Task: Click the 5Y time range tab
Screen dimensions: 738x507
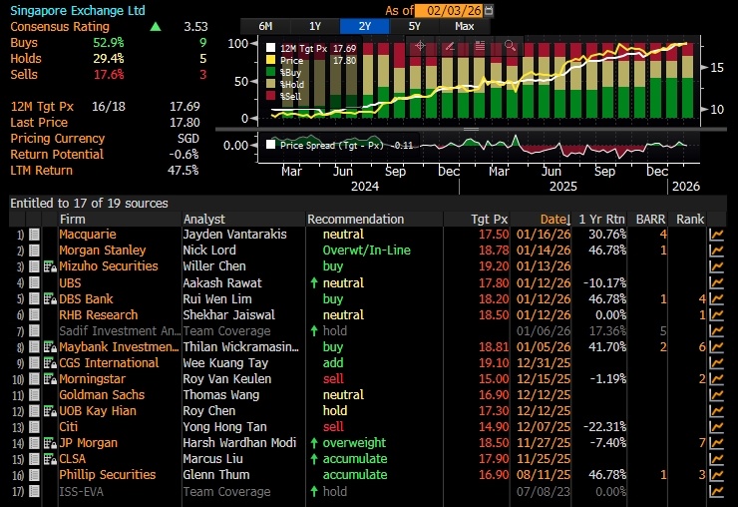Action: (x=414, y=26)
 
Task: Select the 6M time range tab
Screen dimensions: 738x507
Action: (x=265, y=26)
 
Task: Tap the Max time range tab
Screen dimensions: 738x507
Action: (x=464, y=26)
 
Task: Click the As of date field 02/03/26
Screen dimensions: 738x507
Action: (x=448, y=10)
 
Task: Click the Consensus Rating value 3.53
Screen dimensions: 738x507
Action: (x=195, y=27)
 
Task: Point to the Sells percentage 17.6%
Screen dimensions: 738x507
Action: (x=109, y=75)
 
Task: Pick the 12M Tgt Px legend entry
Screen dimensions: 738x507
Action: (x=311, y=49)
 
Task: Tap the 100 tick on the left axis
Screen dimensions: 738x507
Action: (x=237, y=44)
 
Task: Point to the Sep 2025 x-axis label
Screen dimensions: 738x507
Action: (x=604, y=171)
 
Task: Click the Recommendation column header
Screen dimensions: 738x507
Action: (x=356, y=220)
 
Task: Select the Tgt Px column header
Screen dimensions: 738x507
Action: (x=490, y=220)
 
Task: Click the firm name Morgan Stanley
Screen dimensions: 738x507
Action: (x=103, y=251)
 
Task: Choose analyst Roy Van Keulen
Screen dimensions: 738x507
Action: (x=227, y=379)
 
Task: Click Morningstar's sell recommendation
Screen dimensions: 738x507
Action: (x=333, y=379)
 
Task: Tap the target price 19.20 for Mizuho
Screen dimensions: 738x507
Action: (x=494, y=266)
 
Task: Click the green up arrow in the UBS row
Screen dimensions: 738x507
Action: (x=314, y=282)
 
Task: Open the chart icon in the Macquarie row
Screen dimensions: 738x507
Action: (x=716, y=235)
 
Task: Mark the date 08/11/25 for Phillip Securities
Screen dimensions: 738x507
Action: (x=544, y=475)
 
